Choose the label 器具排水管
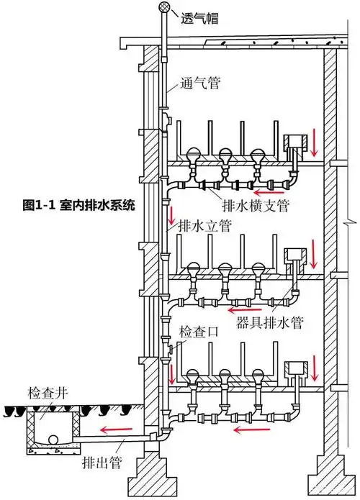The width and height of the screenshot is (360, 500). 269,324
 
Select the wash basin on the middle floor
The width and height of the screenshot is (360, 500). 294,256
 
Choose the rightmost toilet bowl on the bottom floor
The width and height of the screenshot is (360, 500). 258,378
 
